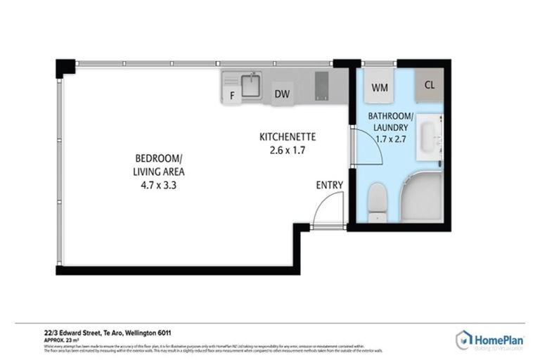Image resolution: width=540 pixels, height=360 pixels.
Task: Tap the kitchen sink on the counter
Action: click(x=251, y=84)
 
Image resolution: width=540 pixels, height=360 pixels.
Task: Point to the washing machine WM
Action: click(x=380, y=88)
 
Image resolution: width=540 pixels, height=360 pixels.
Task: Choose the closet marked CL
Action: click(x=430, y=85)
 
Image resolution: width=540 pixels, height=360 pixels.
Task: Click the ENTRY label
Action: click(x=329, y=185)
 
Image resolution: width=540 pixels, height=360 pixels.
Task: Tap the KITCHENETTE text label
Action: click(x=285, y=137)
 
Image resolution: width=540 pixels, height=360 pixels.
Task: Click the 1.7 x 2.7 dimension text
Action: click(x=391, y=140)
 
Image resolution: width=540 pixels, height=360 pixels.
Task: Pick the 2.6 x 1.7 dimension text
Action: click(x=285, y=150)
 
